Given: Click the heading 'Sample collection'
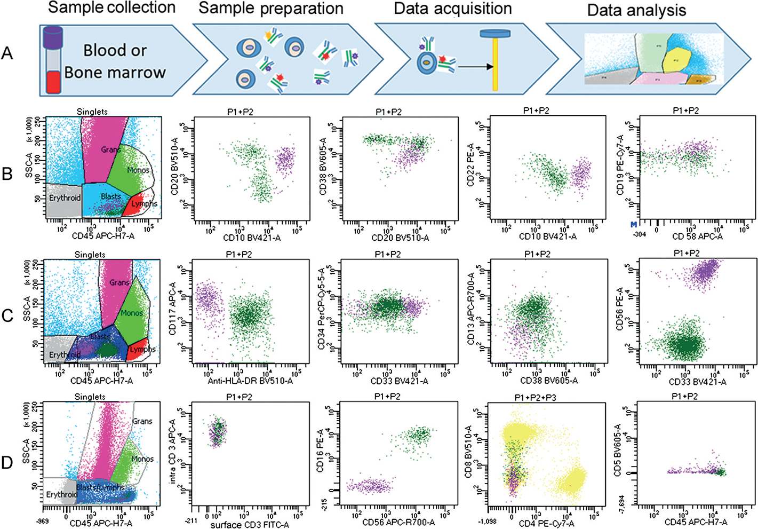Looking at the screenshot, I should pyautogui.click(x=111, y=7).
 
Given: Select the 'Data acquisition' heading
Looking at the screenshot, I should pyautogui.click(x=452, y=9).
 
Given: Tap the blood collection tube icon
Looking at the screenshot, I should pyautogui.click(x=53, y=60).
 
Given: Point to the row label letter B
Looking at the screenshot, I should pyautogui.click(x=7, y=174).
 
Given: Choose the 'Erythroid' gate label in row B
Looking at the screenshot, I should pyautogui.click(x=65, y=198).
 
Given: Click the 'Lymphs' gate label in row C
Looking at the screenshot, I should pyautogui.click(x=142, y=349).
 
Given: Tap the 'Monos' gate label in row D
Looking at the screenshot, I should pyautogui.click(x=142, y=459).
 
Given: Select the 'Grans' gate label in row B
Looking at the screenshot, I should pyautogui.click(x=110, y=149).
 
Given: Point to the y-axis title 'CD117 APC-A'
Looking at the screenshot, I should pyautogui.click(x=172, y=309).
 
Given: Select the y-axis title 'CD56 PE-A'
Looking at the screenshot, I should pyautogui.click(x=620, y=309).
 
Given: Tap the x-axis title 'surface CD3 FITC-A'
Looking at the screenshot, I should pyautogui.click(x=250, y=525).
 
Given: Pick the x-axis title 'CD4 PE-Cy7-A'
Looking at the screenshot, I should pyautogui.click(x=547, y=524).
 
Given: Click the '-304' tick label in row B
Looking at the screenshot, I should pyautogui.click(x=638, y=234).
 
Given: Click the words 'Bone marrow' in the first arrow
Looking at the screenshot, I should pyautogui.click(x=115, y=73).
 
